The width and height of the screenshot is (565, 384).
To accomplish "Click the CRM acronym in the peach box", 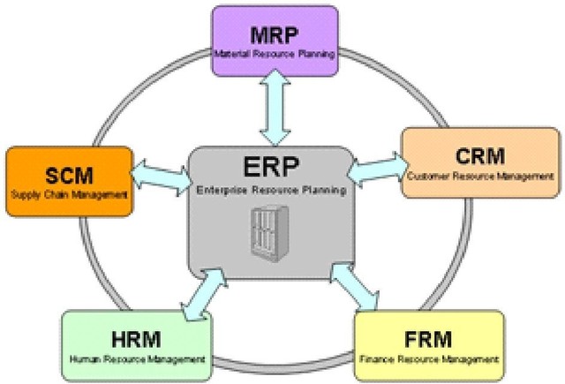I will [x=480, y=156].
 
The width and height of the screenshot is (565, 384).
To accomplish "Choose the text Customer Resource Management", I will [x=480, y=177].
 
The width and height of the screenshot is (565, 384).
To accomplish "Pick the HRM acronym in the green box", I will [x=136, y=340].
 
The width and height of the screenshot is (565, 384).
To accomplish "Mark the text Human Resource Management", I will [x=136, y=360].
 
